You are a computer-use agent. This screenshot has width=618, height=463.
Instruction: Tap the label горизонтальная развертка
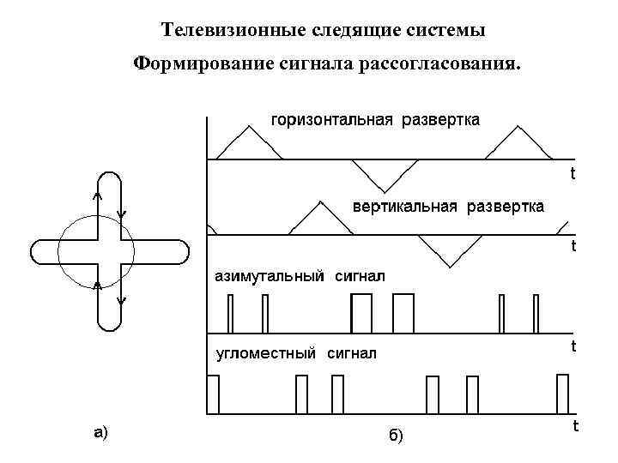376,119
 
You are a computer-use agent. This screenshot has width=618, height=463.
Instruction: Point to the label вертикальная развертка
448,207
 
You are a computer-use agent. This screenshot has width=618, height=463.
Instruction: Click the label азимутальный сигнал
300,276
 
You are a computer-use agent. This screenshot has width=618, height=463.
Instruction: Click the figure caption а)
101,432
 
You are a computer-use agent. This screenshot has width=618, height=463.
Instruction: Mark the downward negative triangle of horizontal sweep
384,174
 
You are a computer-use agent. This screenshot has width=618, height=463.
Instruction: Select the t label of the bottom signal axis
574,425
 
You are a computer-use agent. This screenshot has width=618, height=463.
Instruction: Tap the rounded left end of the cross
38,251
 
